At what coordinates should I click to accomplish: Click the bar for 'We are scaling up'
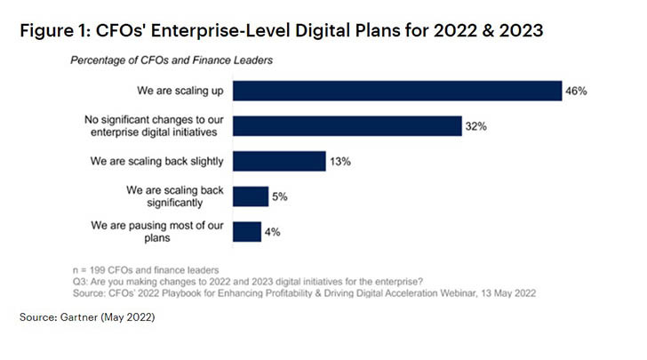[397, 91]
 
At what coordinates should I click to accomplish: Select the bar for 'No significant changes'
[347, 126]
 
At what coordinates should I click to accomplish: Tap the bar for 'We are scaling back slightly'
[278, 161]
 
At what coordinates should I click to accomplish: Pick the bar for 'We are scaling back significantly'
[251, 196]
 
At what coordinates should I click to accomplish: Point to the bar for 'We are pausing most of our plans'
[247, 232]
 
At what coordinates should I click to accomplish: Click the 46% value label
[577, 91]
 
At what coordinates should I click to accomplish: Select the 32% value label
[475, 126]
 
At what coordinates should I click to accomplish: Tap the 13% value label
[339, 161]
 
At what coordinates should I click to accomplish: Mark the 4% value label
[274, 232]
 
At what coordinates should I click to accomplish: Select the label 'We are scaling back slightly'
[156, 161]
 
